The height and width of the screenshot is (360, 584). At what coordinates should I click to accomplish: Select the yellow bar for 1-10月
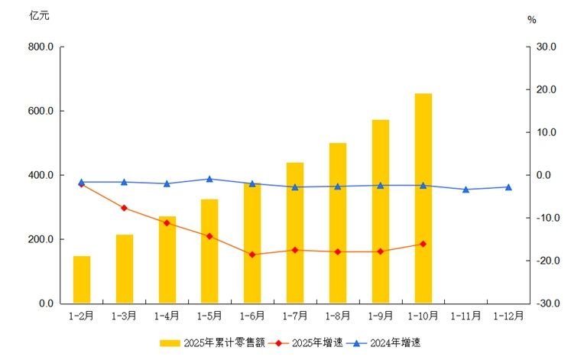click(423, 199)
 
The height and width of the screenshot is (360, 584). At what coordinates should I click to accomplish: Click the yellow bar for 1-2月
click(82, 280)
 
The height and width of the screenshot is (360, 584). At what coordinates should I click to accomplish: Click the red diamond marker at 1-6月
click(252, 255)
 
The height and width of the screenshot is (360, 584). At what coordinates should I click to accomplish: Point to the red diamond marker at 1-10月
click(423, 244)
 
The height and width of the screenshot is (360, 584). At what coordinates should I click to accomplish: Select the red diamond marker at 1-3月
click(125, 208)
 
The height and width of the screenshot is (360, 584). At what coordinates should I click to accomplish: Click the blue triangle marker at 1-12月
click(508, 187)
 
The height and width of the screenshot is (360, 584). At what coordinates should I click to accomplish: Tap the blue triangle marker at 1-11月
click(466, 190)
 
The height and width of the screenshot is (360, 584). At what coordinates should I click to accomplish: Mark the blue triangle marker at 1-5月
click(209, 179)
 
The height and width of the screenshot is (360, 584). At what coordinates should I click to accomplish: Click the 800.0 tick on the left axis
click(40, 47)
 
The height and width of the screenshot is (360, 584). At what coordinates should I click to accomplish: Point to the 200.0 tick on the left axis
click(40, 239)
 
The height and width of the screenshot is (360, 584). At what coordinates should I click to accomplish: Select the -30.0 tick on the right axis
click(547, 303)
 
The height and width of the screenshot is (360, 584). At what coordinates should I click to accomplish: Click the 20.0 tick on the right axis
click(547, 89)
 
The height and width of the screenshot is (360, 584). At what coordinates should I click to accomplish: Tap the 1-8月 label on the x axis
click(338, 316)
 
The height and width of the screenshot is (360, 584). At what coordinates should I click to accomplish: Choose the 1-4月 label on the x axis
click(167, 316)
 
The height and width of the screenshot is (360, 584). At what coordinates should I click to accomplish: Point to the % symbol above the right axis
click(532, 20)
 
